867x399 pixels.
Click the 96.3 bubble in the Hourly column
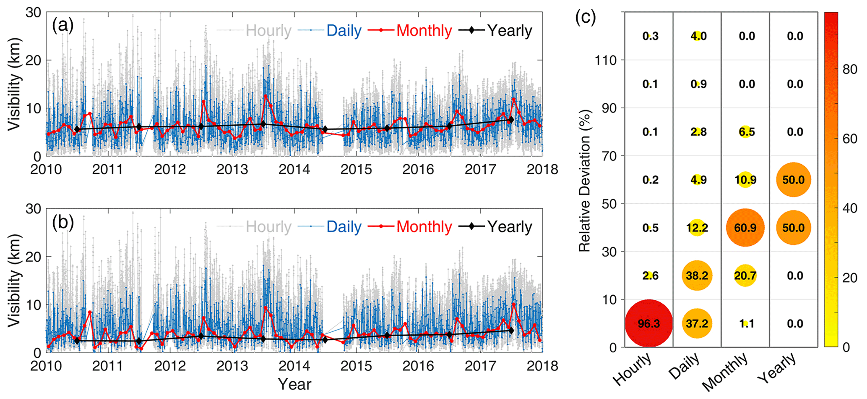click(x=649, y=323)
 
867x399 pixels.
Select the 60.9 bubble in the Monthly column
click(x=745, y=228)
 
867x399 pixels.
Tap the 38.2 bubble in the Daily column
click(x=697, y=276)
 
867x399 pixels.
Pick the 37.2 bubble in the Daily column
click(x=697, y=323)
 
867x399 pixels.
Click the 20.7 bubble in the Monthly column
click(x=745, y=276)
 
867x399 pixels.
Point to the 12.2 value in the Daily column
click(x=697, y=228)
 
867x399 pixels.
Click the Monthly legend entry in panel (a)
click(x=424, y=31)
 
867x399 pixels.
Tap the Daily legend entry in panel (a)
click(x=344, y=31)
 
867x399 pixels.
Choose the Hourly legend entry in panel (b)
click(x=268, y=227)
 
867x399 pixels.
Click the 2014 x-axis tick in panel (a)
click(x=294, y=169)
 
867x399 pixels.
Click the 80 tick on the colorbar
click(x=850, y=69)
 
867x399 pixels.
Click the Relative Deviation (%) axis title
click(x=585, y=181)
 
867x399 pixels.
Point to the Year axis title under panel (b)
click(x=294, y=384)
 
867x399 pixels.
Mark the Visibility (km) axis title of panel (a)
click(x=14, y=84)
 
